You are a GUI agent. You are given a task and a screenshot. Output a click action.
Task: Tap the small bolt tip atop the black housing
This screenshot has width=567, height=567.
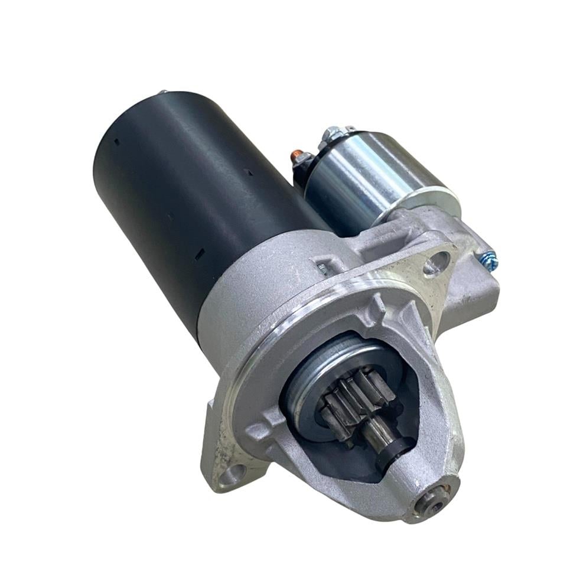(x=162, y=92)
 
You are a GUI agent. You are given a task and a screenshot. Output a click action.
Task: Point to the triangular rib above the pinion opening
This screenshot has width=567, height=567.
(x=378, y=307)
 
